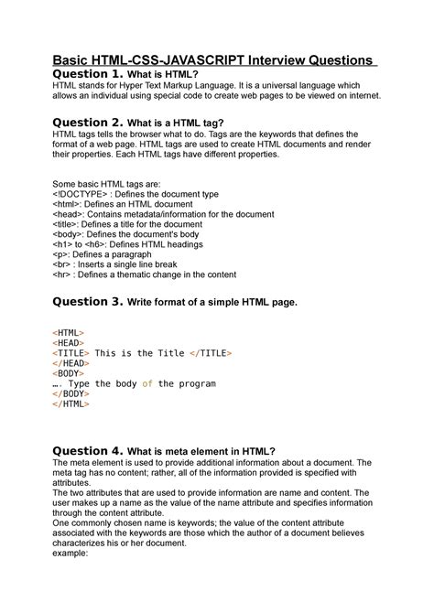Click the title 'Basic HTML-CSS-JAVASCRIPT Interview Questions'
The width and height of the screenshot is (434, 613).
216,59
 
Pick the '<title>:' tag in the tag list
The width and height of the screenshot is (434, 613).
69,226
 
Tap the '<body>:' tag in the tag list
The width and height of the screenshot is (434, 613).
71,237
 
